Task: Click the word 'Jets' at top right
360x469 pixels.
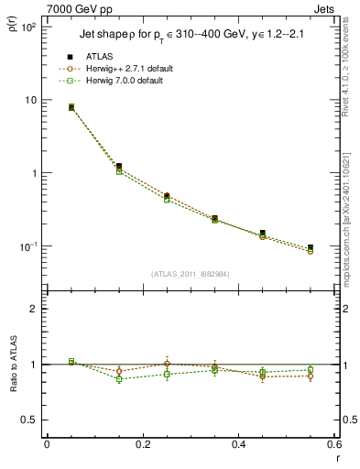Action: click(326, 9)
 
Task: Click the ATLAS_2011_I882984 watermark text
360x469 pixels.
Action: click(190, 273)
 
